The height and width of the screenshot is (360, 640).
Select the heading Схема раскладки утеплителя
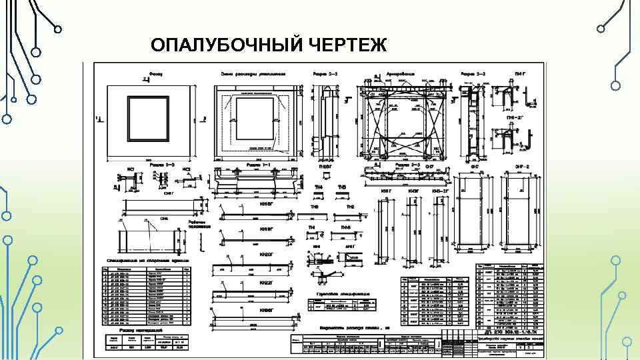tap(253, 74)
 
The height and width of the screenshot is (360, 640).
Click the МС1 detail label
tap(131, 169)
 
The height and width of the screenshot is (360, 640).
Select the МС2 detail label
tap(187, 169)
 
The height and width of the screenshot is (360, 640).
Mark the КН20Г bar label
tap(265, 254)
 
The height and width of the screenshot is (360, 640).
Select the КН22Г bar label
tap(265, 283)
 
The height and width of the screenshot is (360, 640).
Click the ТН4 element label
tap(319, 187)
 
